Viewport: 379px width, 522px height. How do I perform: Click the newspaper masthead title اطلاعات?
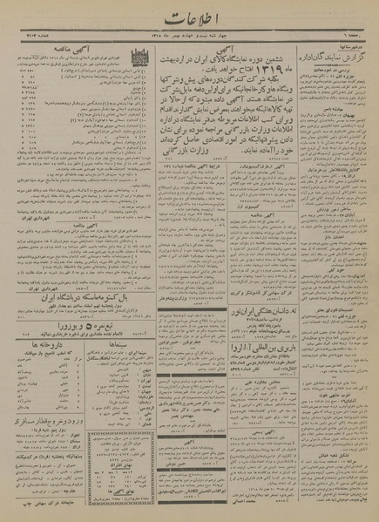[189, 16]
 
